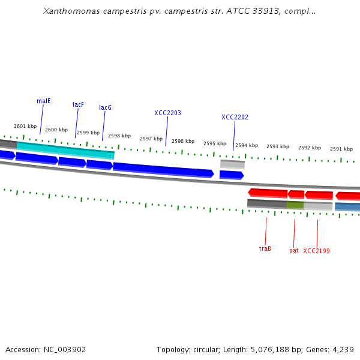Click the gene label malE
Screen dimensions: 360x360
44,101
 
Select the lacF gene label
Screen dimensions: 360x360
79,104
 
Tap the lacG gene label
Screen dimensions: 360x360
106,107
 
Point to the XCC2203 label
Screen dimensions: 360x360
167,113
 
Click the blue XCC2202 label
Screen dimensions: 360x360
235,117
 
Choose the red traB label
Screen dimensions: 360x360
265,248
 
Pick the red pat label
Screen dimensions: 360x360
294,250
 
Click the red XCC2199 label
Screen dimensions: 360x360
316,251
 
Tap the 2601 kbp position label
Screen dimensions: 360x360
25,126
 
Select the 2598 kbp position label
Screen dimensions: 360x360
119,136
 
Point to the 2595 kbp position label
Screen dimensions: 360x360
215,143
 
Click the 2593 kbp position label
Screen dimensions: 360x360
278,146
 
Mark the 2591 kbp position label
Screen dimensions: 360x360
341,149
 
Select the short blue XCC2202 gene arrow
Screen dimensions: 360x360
231,175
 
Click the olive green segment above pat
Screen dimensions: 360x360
295,205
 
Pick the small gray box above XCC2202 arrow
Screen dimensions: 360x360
232,164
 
